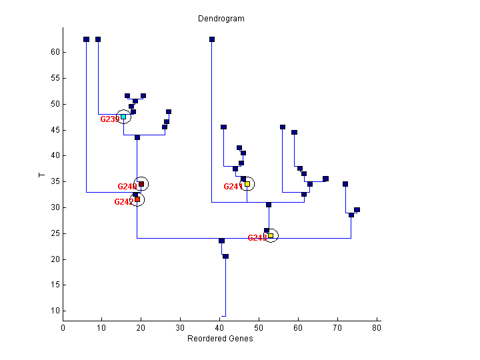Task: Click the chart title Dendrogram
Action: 221,19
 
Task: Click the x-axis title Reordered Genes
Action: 220,339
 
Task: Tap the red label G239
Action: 109,119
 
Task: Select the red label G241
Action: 233,187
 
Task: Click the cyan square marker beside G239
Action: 123,117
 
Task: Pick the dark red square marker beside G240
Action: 141,184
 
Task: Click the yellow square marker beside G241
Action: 247,184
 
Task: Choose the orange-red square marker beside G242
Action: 137,199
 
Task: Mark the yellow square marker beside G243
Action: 271,235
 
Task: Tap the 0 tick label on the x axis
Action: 63,327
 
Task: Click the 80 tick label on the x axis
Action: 377,327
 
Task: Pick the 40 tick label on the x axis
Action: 220,327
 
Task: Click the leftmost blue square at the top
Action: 86,39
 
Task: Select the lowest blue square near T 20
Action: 225,256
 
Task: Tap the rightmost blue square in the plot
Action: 357,210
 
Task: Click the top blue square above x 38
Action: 212,39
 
